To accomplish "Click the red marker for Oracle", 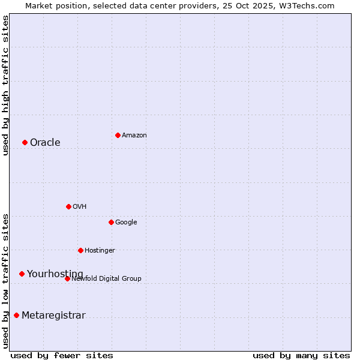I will [x=25, y=142].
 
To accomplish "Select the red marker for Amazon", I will [x=118, y=135].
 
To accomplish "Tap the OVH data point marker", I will [x=68, y=206].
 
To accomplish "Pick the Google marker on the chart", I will [x=111, y=222].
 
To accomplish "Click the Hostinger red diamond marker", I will [x=80, y=250].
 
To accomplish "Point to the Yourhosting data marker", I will [x=22, y=274].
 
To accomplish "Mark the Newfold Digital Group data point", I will [x=67, y=278].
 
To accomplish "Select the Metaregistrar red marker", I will [x=16, y=315].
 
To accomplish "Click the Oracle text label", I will [x=45, y=142].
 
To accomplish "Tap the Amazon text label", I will [x=134, y=136].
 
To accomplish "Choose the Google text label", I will [x=126, y=223].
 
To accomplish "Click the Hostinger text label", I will [x=100, y=251].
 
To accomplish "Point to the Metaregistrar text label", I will [x=53, y=316].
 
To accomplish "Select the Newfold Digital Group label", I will [x=106, y=278].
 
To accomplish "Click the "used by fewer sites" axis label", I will [x=62, y=355].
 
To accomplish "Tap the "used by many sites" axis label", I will [x=301, y=355].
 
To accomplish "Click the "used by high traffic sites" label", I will [x=5, y=85].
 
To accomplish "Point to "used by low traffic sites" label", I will [x=5, y=280].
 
